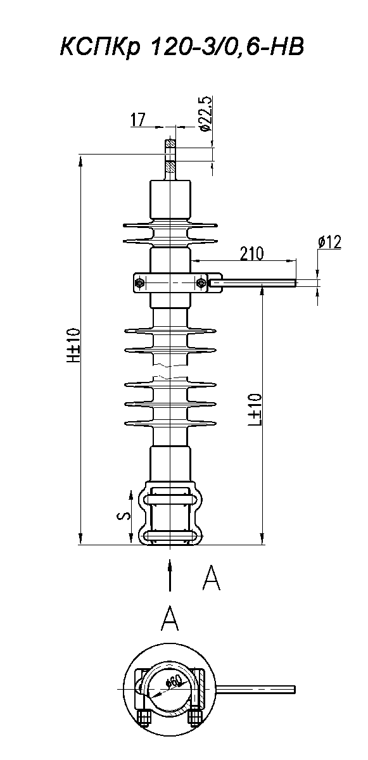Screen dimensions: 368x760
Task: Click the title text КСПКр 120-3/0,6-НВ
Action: tap(182, 47)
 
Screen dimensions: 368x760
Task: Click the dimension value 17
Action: tap(137, 120)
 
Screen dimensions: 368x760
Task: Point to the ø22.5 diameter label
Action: tap(206, 113)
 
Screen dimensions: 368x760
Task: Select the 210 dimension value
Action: tap(251, 253)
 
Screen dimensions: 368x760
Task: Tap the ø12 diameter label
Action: tap(329, 242)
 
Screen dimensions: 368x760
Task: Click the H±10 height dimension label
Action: tap(73, 345)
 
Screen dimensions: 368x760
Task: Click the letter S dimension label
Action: tap(125, 516)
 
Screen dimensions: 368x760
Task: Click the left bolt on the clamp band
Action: tap(139, 282)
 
